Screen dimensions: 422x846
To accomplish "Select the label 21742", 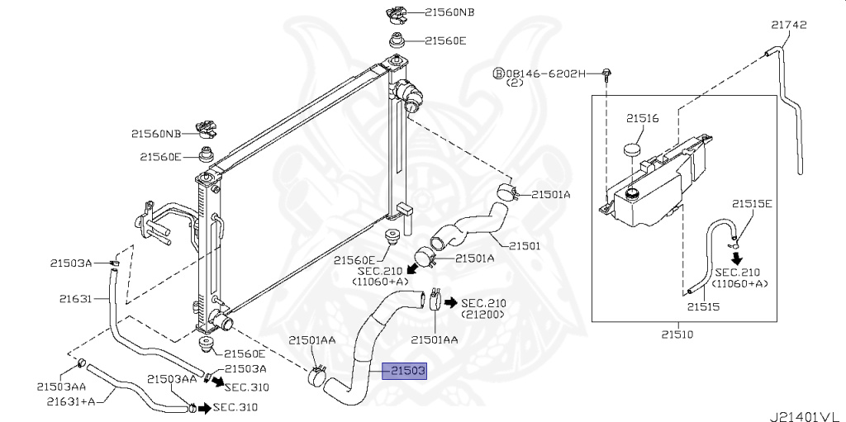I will pos(788,26).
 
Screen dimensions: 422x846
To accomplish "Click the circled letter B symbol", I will pos(498,73).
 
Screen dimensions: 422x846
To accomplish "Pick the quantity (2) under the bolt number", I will pos(516,84).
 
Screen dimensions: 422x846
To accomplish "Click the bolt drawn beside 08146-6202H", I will pos(607,74).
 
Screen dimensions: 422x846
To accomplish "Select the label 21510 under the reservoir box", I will pos(677,334).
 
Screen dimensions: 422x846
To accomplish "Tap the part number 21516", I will pos(642,119).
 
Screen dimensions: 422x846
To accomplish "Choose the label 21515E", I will pos(752,203).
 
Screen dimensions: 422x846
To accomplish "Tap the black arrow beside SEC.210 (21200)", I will pos(451,302).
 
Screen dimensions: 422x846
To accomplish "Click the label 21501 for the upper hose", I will pos(525,244).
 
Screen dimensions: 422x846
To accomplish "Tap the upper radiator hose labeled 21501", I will pos(467,225).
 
